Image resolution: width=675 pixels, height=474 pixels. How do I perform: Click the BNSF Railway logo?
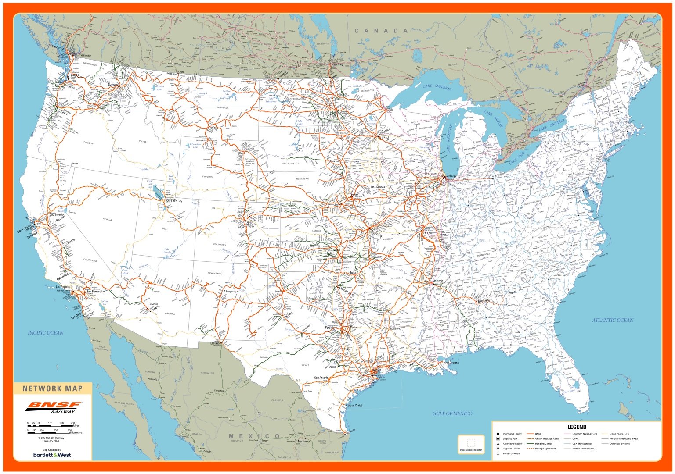coord(53,407)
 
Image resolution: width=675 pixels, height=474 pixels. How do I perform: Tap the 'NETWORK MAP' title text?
coord(52,388)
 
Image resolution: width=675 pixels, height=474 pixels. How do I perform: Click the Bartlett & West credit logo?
coord(52,455)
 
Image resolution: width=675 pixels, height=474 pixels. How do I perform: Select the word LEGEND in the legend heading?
coord(576,427)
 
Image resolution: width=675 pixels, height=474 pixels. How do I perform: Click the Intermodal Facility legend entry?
coord(512,434)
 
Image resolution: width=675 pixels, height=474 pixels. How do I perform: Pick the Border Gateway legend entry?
coord(511,453)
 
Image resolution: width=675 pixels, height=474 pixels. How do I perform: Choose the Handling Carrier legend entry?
coord(543,444)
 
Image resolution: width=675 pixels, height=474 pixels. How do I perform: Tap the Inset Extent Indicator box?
coord(471,444)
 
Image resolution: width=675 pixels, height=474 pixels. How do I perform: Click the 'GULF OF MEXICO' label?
coord(452,413)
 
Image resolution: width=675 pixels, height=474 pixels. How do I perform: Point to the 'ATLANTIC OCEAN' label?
coord(612,320)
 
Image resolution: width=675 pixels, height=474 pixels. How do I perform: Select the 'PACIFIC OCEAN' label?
coord(45,333)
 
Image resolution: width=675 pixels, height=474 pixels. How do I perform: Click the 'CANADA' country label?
coord(381,31)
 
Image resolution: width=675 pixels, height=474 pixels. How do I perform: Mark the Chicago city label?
coord(451,176)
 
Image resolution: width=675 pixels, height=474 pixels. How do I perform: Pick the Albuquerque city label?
coord(231,292)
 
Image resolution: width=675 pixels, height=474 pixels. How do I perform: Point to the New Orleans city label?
coord(451,363)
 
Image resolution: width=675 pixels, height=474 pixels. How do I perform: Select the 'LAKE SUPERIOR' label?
coord(437,87)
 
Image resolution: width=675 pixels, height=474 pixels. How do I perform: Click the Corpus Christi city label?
coord(354,406)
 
